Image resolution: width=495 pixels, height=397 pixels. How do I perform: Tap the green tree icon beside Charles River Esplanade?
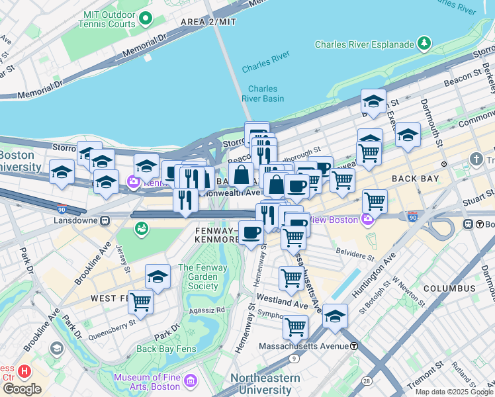coord(424,44)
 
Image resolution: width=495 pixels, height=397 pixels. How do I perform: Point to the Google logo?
coord(22,388)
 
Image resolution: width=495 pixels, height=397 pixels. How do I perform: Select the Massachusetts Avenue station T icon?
coord(354,345)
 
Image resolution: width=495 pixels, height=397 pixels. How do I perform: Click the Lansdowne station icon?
coord(104,220)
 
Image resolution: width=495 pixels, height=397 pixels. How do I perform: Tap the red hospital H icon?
coord(25,372)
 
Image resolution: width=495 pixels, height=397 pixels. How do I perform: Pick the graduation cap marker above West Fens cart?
coord(158,276)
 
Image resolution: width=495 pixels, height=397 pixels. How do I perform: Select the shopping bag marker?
coord(242,175)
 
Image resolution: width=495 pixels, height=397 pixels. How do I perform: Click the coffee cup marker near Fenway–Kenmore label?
coord(251,232)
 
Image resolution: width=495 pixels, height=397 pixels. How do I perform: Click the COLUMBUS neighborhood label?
coord(449,288)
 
